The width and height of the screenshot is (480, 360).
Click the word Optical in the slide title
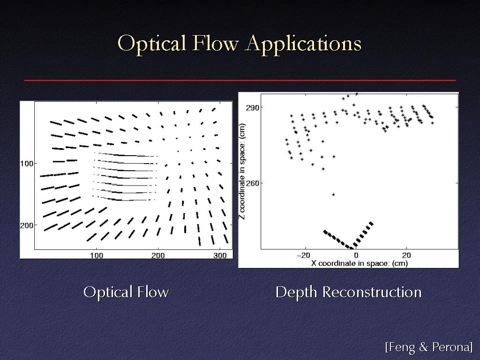(151, 44)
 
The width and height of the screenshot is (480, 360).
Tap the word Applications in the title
(304, 44)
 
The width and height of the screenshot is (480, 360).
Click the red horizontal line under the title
(240, 81)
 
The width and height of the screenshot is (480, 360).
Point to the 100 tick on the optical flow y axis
(27, 164)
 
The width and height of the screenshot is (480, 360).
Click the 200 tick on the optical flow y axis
(27, 225)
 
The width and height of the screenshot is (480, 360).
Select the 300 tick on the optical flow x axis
(220, 255)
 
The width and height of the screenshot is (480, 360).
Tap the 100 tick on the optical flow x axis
(97, 255)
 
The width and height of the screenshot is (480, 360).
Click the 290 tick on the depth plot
(252, 108)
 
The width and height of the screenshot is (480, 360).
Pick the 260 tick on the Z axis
(252, 183)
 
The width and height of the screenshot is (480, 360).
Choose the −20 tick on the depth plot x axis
(304, 255)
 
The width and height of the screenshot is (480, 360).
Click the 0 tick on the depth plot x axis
(356, 255)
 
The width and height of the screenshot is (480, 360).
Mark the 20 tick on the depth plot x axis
(406, 255)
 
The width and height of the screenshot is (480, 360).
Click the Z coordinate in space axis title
(242, 171)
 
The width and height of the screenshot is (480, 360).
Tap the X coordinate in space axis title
(360, 263)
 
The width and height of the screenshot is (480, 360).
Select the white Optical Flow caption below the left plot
(126, 292)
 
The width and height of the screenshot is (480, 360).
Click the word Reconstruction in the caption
(372, 292)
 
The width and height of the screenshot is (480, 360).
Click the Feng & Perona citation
(429, 347)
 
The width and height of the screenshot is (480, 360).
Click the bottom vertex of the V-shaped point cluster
(352, 247)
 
